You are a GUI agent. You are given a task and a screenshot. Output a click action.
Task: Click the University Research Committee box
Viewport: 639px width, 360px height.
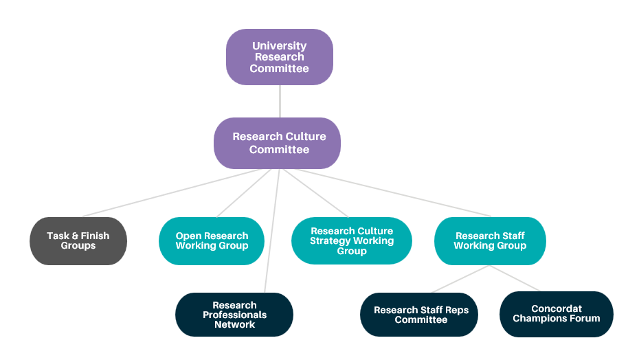[x=280, y=57]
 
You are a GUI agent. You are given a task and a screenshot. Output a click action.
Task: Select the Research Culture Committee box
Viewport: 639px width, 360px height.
[x=278, y=143]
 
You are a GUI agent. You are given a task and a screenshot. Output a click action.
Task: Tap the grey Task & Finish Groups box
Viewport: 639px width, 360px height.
[x=78, y=240]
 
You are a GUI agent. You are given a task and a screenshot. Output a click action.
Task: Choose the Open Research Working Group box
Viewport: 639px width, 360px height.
[x=212, y=240]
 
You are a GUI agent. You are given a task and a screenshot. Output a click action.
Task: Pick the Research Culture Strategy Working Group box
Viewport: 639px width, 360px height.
[x=351, y=240]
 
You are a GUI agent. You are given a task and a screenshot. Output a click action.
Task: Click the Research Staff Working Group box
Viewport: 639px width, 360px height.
[x=490, y=240]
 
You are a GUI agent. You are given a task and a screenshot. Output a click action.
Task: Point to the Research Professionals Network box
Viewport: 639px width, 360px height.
[x=234, y=315]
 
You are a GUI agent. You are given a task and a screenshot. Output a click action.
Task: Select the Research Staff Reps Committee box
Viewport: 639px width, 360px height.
[x=420, y=315]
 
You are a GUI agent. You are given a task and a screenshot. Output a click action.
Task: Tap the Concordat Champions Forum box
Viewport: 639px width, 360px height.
[x=556, y=314]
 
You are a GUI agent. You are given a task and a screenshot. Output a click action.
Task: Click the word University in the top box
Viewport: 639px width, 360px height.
[x=279, y=46]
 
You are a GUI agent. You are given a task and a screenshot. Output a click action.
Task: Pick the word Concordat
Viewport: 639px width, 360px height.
[x=556, y=309]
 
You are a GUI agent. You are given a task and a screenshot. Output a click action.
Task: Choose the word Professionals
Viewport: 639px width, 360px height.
[x=234, y=315]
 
